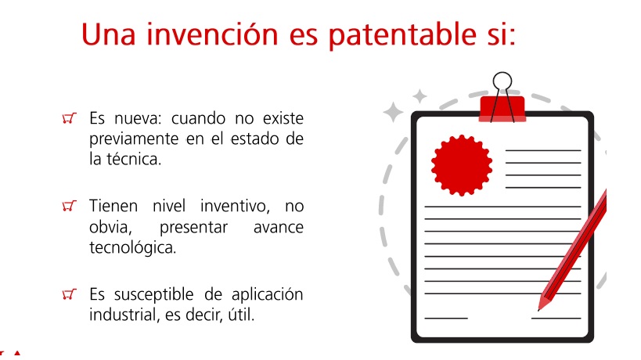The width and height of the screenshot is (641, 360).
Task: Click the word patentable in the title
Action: pyautogui.click(x=402, y=35)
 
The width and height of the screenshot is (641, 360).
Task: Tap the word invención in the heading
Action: pyautogui.click(x=212, y=34)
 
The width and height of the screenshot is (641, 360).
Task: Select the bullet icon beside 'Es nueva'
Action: pyautogui.click(x=69, y=118)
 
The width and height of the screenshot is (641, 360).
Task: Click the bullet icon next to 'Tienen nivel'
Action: pyautogui.click(x=69, y=206)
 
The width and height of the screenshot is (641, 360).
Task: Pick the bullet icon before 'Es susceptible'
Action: pyautogui.click(x=69, y=294)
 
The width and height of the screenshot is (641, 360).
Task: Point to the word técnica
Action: pyautogui.click(x=134, y=159)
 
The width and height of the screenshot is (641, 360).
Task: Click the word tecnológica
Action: pyautogui.click(x=132, y=247)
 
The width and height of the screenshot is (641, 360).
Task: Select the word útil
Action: pyautogui.click(x=241, y=315)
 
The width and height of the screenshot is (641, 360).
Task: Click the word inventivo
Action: pyautogui.click(x=235, y=206)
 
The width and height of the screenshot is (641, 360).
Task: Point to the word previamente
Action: pyautogui.click(x=134, y=139)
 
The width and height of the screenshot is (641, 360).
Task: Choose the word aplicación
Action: pyautogui.click(x=268, y=294)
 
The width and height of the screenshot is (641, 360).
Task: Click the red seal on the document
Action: pyautogui.click(x=462, y=165)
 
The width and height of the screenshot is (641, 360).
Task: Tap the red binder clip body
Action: pyautogui.click(x=502, y=109)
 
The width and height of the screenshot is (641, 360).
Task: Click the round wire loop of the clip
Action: pyautogui.click(x=502, y=81)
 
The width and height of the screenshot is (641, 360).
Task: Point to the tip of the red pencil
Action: pyautogui.click(x=538, y=310)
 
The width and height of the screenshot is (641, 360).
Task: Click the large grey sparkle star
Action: pyautogui.click(x=393, y=112)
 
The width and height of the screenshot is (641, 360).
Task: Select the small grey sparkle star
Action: pyautogui.click(x=420, y=96)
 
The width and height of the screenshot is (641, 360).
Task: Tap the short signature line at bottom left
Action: pyautogui.click(x=446, y=319)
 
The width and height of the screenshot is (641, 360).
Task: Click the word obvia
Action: pyautogui.click(x=110, y=227)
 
